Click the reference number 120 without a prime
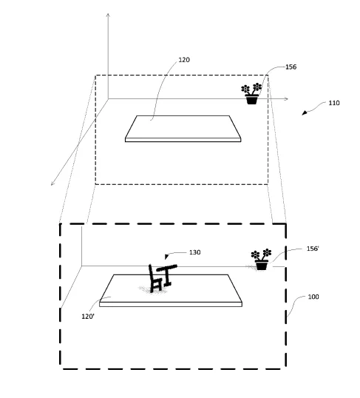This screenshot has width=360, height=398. point(184,60)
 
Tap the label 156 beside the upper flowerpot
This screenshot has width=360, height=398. point(291,67)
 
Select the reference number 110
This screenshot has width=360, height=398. point(334,103)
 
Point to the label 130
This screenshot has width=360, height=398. point(195,252)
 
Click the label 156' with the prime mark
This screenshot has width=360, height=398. point(313,249)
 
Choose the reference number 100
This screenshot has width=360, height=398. point(313,297)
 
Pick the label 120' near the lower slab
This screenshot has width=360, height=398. point(88,317)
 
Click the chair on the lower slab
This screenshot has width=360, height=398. point(154,279)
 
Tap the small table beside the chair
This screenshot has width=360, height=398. point(168,274)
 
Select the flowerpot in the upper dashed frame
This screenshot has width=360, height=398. point(251,93)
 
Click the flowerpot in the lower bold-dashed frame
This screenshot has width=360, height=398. point(261,260)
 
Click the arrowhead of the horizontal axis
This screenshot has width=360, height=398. point(286,98)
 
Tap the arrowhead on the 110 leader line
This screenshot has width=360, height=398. point(304,113)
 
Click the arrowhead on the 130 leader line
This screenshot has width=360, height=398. point(166,257)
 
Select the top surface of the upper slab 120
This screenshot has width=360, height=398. point(183,127)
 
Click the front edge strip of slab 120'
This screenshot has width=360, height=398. point(171,304)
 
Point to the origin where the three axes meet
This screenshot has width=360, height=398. point(109,98)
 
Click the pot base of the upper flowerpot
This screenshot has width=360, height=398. point(251,100)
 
